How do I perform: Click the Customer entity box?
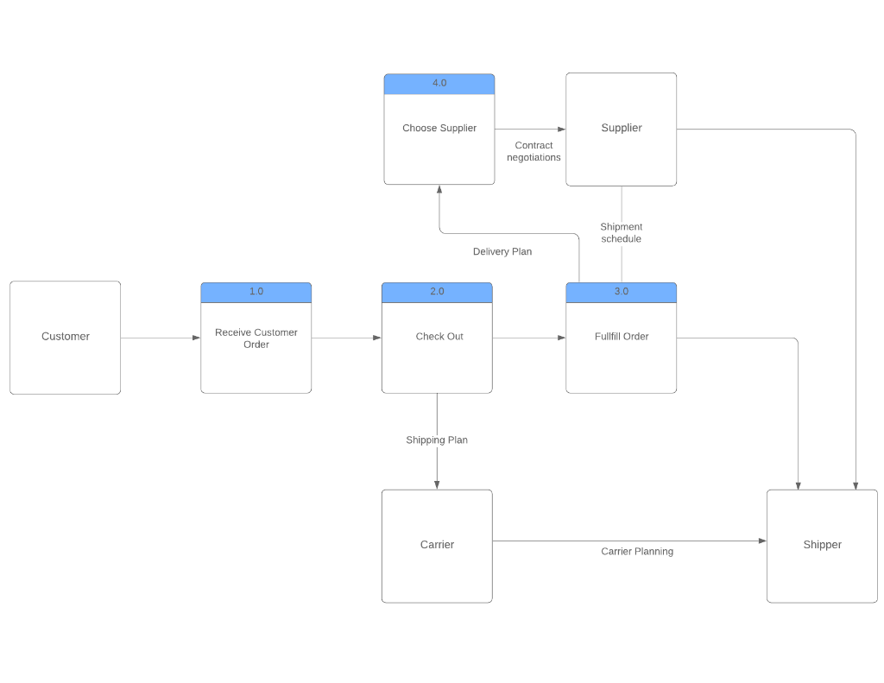click(x=65, y=337)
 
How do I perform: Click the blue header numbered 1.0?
click(x=256, y=292)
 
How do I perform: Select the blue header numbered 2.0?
click(x=437, y=292)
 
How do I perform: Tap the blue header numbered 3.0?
click(x=621, y=292)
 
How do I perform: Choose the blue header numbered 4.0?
click(x=439, y=84)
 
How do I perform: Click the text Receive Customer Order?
click(x=256, y=338)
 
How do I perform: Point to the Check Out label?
click(x=439, y=337)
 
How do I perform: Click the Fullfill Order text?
click(x=622, y=337)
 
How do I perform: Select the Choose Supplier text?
click(x=439, y=129)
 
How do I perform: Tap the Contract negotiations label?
click(x=534, y=152)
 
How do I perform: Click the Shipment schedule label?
click(x=622, y=233)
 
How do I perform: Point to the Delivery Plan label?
click(x=502, y=252)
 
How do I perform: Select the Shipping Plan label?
click(x=437, y=440)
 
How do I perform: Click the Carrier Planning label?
click(x=637, y=552)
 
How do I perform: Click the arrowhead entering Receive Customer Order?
click(x=196, y=338)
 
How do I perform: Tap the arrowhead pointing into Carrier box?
click(x=437, y=484)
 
